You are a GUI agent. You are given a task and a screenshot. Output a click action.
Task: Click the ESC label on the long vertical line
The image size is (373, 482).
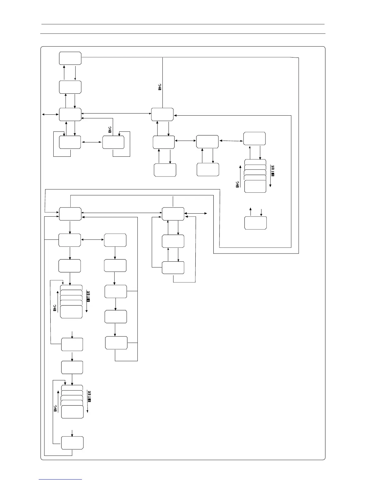tap(160, 87)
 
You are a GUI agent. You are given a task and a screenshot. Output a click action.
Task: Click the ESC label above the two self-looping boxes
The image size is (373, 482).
tap(110, 129)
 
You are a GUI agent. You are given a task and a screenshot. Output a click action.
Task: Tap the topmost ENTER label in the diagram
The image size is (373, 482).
tap(273, 171)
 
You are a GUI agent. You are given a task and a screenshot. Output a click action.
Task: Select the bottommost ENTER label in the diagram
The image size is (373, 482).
tap(90, 396)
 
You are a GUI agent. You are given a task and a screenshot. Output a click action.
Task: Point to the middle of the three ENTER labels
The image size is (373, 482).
tap(89, 296)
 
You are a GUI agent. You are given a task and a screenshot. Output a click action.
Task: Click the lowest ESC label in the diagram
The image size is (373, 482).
tap(55, 408)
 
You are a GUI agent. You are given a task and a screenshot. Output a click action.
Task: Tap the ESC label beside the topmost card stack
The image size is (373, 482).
tap(237, 184)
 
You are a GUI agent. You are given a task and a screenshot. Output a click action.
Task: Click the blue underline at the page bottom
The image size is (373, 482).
tap(60, 479)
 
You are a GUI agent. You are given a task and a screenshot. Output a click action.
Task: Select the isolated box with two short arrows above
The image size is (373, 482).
tap(255, 223)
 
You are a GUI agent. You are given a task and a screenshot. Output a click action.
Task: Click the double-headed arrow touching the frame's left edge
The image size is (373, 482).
tap(50, 114)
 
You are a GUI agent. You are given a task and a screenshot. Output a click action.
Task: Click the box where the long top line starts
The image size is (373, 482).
tap(70, 58)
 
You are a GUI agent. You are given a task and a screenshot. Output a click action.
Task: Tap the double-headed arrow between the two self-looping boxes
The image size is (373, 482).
tap(91, 142)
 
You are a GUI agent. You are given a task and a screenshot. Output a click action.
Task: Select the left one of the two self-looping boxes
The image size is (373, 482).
tap(70, 142)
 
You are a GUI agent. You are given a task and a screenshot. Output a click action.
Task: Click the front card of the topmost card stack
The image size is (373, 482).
tap(255, 186)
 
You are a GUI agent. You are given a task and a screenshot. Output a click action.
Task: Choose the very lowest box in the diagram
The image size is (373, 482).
tap(72, 443)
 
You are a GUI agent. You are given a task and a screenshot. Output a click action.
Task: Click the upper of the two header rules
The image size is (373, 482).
tap(183, 24)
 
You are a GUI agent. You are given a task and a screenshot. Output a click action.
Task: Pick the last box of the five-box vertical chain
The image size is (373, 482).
tap(116, 343)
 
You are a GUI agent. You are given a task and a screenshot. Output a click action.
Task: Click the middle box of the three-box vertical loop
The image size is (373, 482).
tap(173, 241)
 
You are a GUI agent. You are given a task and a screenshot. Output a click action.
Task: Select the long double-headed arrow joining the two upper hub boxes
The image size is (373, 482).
tap(116, 114)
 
